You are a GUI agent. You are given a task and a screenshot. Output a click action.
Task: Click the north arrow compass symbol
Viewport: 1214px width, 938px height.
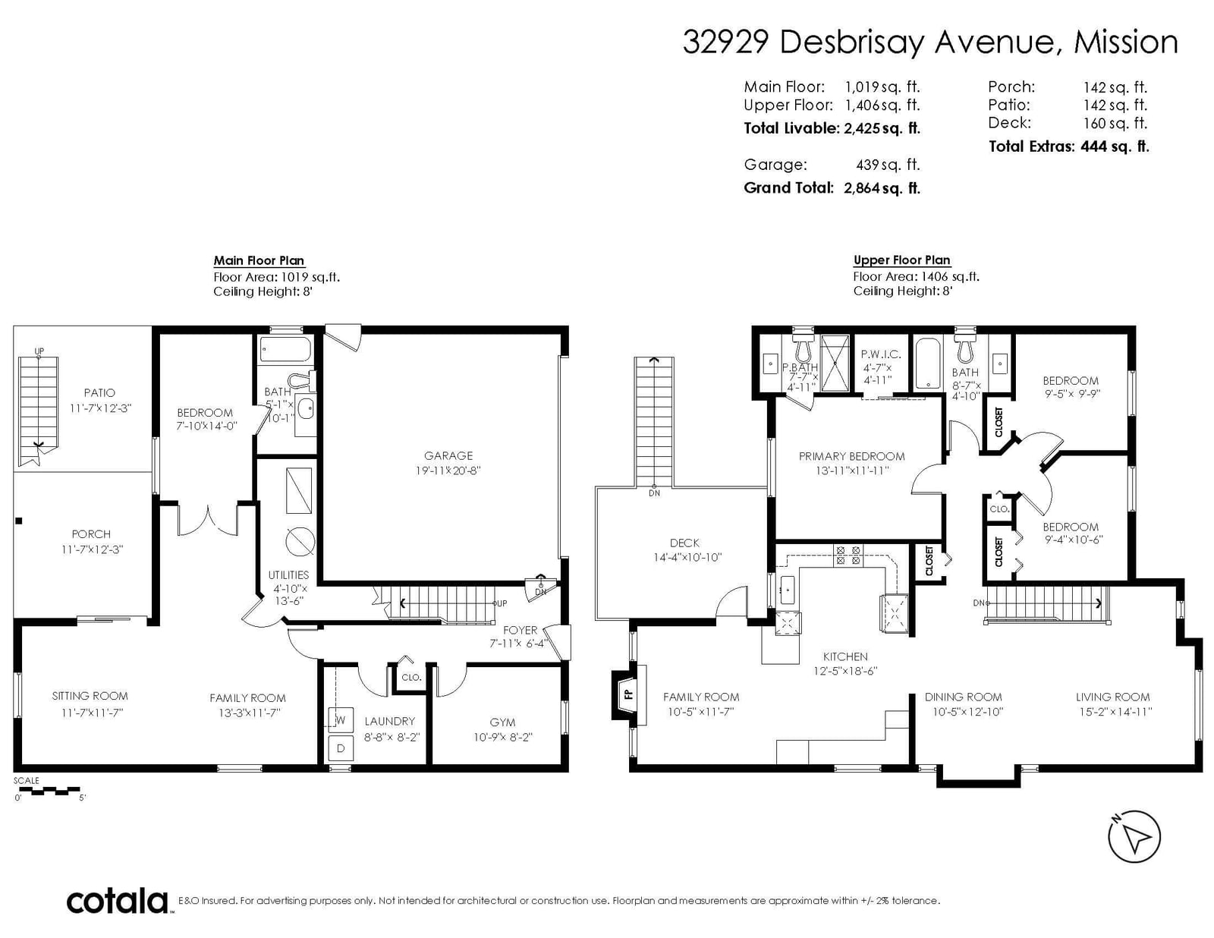(1134, 836)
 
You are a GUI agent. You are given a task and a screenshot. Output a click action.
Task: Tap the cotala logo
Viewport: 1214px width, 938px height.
(118, 901)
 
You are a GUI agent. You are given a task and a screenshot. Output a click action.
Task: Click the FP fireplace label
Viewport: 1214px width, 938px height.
(629, 694)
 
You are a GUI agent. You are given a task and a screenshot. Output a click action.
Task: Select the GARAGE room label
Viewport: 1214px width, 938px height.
(448, 455)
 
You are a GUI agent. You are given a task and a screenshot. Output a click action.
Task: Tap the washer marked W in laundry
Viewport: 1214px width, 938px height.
(340, 720)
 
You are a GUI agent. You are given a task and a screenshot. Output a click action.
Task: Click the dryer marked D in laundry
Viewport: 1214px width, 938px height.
(340, 748)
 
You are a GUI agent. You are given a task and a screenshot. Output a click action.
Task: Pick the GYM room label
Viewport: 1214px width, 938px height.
(502, 722)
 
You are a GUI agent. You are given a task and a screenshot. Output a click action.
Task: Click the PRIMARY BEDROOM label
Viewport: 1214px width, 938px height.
(851, 456)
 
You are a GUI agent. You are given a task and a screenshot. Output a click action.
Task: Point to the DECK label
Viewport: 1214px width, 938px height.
(684, 543)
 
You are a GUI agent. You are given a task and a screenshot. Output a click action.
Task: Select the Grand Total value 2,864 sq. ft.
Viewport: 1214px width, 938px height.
(882, 187)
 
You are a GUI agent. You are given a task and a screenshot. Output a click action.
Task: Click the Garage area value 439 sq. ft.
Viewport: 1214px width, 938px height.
(888, 164)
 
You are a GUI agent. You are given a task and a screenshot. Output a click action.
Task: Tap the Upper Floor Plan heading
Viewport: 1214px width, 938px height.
(901, 260)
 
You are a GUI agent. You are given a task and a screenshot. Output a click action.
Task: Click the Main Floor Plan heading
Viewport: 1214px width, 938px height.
(259, 260)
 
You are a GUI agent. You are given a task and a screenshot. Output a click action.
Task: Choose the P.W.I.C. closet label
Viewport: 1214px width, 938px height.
(880, 354)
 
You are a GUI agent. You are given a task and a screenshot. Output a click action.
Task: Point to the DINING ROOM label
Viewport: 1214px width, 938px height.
(963, 697)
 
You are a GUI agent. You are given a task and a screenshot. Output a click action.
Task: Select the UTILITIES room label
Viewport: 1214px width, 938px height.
(288, 574)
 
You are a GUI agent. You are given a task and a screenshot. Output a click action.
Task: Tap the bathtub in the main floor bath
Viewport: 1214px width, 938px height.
(285, 349)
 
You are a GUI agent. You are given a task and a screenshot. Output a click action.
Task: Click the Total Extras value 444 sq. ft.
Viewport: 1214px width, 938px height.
(1115, 146)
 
